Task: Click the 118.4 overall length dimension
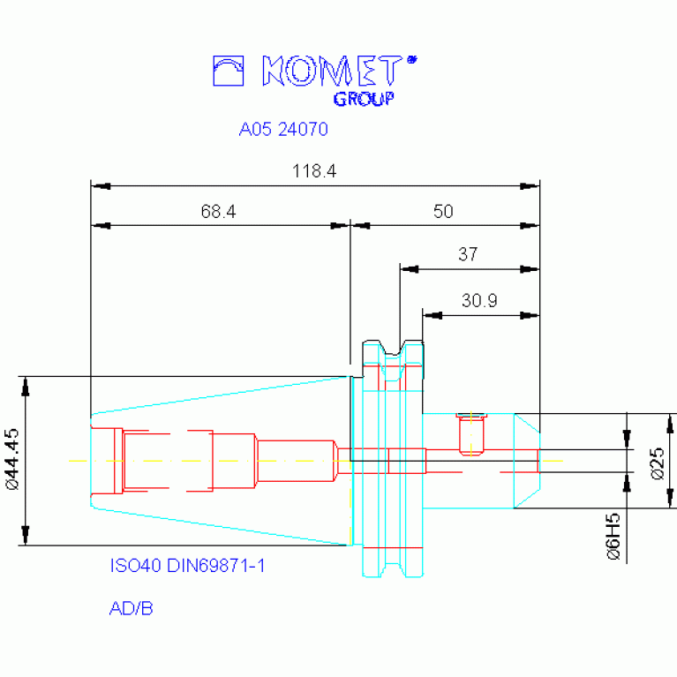314,171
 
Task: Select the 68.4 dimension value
219,212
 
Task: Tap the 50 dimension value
443,212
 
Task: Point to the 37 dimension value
468,254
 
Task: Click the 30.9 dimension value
479,300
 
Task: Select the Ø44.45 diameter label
12,459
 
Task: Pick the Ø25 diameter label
657,463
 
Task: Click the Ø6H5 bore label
613,537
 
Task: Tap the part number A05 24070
283,129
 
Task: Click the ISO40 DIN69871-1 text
187,566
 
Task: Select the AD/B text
132,608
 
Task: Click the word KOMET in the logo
333,71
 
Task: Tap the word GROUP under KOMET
364,99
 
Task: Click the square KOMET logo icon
229,71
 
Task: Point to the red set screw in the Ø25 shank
471,434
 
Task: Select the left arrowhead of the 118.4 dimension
101,186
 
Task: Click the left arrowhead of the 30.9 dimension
433,316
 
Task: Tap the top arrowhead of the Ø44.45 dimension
26,386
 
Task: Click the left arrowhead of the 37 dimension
410,269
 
